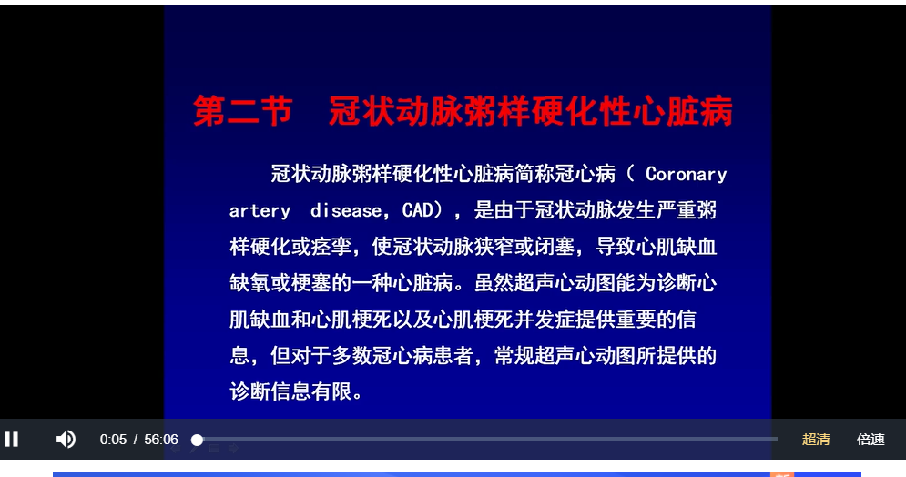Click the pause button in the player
(12, 440)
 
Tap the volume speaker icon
(66, 440)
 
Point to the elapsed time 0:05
(113, 440)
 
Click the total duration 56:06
(161, 440)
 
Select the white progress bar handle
(197, 440)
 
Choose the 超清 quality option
(816, 440)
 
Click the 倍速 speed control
(870, 440)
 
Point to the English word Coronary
(686, 174)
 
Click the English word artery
(260, 210)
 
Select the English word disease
(347, 210)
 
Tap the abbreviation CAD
(417, 210)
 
